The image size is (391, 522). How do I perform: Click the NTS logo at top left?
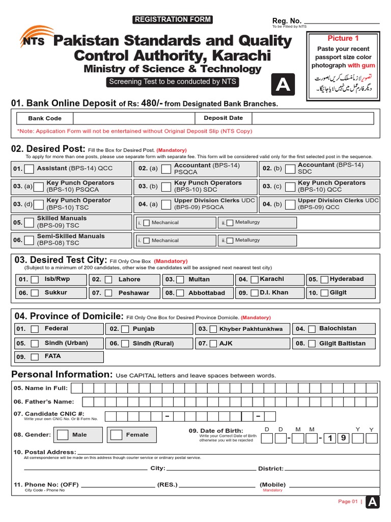coord(32,38)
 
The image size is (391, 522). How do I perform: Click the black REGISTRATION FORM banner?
coord(172,20)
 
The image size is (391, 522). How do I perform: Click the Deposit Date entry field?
coord(312,118)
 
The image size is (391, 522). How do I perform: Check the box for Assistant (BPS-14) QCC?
coord(30,169)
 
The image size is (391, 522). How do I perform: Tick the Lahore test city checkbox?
coord(109,280)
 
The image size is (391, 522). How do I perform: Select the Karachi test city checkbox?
coord(255,280)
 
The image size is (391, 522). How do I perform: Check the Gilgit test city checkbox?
coord(324,293)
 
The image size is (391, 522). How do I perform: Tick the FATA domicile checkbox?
coord(35,357)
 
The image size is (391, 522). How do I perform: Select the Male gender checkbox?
coord(63,435)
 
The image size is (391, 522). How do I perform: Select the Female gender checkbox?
coord(117,435)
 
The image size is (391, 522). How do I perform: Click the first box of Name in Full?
coord(76,388)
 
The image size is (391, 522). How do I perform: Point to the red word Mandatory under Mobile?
coord(272,490)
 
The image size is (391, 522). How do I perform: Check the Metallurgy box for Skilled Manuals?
coord(230,223)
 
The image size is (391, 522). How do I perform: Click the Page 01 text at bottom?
coord(348,502)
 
